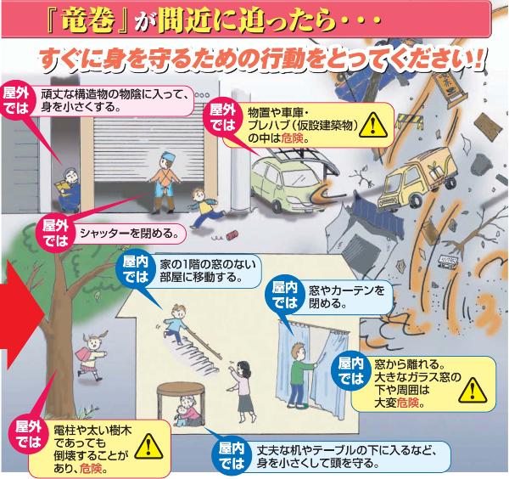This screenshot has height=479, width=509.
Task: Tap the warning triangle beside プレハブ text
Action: pos(373,125)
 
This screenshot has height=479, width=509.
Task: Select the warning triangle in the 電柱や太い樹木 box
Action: pos(148,446)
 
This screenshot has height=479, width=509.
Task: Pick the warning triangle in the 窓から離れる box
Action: pos(473,390)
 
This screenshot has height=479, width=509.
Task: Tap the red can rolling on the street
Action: pos(232,236)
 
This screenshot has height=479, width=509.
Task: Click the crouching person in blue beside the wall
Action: pos(68,189)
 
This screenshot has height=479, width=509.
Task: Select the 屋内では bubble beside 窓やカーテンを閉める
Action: pos(285,295)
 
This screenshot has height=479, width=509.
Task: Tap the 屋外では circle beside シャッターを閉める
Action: pos(55,233)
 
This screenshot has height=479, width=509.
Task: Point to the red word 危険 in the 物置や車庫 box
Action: pos(292,138)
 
